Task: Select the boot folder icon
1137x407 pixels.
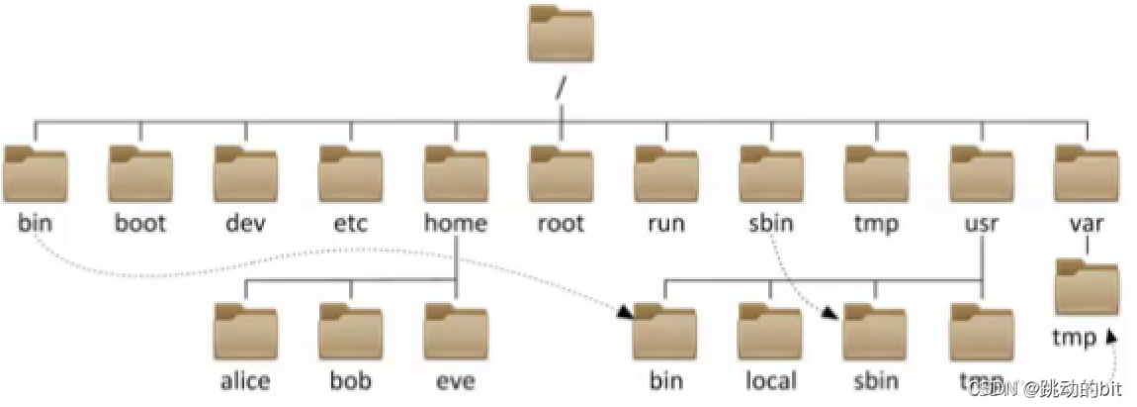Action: pyautogui.click(x=139, y=174)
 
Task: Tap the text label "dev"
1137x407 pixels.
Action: pyautogui.click(x=244, y=224)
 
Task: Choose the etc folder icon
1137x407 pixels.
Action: pyautogui.click(x=350, y=174)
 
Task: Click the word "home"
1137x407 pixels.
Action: pyautogui.click(x=455, y=224)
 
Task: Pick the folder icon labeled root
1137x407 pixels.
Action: pyautogui.click(x=560, y=174)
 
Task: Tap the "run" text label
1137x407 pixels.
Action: pyautogui.click(x=664, y=224)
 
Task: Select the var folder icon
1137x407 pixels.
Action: pyautogui.click(x=1086, y=174)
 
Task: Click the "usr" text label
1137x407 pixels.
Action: pyautogui.click(x=980, y=224)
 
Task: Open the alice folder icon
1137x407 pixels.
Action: pyautogui.click(x=245, y=332)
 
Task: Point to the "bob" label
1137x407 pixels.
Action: pyautogui.click(x=350, y=381)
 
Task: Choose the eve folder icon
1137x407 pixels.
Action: pyautogui.click(x=455, y=332)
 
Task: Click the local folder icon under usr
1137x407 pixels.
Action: pyautogui.click(x=769, y=332)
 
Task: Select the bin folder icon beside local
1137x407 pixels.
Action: pyautogui.click(x=664, y=332)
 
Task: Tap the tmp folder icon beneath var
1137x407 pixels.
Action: pyautogui.click(x=1086, y=288)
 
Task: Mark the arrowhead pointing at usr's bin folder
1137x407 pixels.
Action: pyautogui.click(x=625, y=313)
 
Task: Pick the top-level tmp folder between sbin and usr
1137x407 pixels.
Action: pyautogui.click(x=875, y=174)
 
